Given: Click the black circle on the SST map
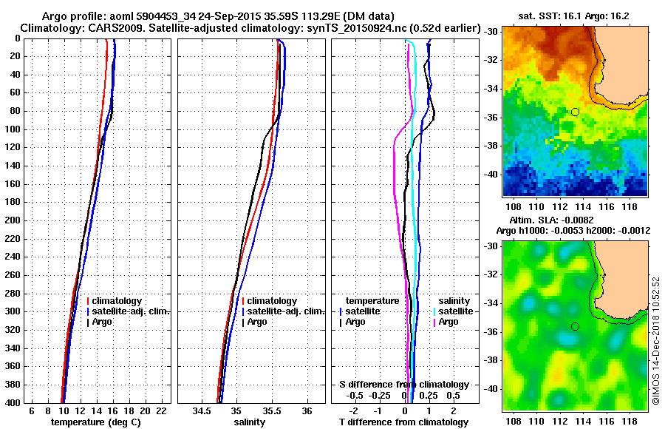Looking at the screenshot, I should pos(575,112).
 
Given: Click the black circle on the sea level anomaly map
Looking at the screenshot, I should pos(575,326).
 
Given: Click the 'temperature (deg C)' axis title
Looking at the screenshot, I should pos(95,422).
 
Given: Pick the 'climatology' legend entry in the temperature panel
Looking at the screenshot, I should pos(119,301).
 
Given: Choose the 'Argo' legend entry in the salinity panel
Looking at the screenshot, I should pos(258,322).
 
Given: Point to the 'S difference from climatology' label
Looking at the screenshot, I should pos(403,385).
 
